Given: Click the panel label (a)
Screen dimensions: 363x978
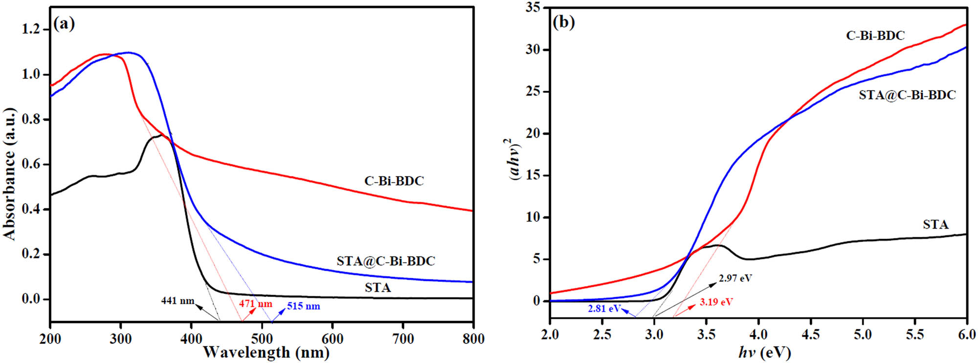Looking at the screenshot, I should point(64,23).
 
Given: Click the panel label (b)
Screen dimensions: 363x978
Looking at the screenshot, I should point(563,22).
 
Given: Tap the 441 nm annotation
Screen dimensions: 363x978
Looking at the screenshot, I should point(178,301).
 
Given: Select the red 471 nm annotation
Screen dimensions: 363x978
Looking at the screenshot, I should point(255,303).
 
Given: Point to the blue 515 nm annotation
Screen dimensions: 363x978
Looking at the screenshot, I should point(303,306).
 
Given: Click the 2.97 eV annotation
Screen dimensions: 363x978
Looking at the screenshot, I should point(735,278).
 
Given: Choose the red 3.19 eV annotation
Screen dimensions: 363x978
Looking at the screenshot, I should point(715,302).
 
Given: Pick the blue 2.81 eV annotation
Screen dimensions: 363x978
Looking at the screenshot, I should point(604,309).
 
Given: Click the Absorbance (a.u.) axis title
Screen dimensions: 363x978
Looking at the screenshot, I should point(10,174).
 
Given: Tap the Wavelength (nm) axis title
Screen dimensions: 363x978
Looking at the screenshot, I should point(266,352).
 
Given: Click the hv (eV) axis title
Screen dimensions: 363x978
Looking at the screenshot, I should point(764,352).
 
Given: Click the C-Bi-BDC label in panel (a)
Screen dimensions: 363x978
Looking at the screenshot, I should point(394,181).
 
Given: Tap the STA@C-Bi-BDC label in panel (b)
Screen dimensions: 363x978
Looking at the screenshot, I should point(907,95).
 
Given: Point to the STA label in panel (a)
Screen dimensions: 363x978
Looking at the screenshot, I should point(378,288).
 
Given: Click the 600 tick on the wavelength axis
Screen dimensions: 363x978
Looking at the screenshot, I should point(332,339).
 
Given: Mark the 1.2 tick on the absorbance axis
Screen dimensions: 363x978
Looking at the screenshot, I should point(30,29).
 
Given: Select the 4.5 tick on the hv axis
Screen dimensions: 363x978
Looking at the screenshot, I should point(810,335).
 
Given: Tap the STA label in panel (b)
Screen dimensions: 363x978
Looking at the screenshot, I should point(935,225).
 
